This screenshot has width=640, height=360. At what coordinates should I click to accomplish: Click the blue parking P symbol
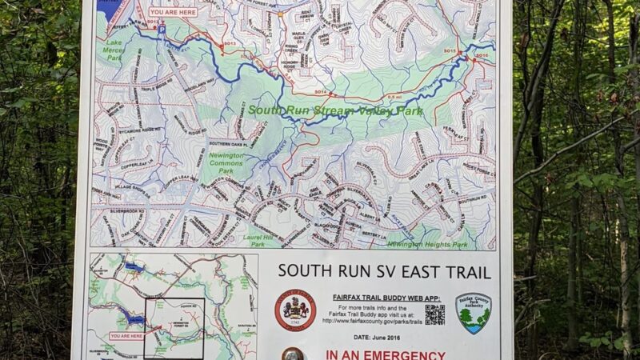pos(161,29)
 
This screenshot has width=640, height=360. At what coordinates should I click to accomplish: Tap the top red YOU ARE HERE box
pos(172,12)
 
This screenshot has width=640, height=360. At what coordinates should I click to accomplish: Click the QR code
pos(434,314)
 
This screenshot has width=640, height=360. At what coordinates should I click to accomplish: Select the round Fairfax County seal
pos(294,310)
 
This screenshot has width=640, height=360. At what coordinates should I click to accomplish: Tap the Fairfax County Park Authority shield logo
pos(474,311)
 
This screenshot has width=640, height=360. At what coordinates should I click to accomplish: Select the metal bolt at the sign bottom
pos(293,354)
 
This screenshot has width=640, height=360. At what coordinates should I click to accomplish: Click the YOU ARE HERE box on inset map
pos(126,336)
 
